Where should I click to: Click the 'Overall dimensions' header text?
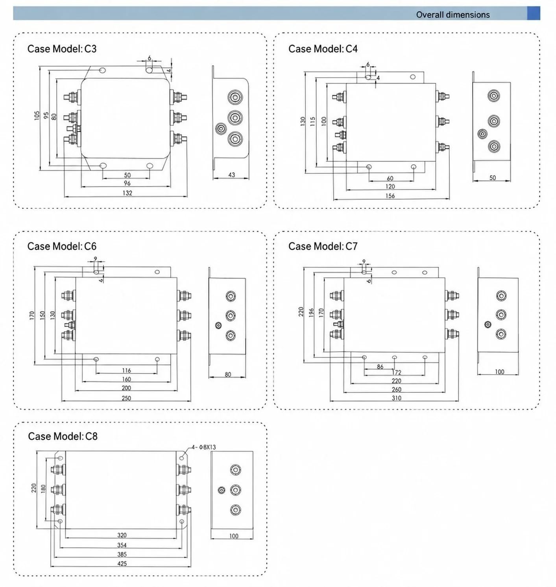[x=453, y=15]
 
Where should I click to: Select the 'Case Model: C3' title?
[x=62, y=49]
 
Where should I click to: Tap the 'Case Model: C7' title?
[x=323, y=246]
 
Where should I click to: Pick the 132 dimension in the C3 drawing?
[x=127, y=193]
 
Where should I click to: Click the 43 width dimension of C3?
[x=231, y=175]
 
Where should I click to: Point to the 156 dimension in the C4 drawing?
[x=390, y=196]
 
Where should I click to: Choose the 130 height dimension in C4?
[x=303, y=121]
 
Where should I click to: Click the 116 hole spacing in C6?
[x=126, y=370]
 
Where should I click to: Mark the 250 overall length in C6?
[x=126, y=398]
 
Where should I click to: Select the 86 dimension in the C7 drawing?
[x=380, y=367]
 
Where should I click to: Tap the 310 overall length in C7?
[x=396, y=398]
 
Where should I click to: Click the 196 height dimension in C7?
[x=311, y=313]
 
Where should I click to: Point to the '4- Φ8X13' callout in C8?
[x=204, y=447]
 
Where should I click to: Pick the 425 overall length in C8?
[x=122, y=563]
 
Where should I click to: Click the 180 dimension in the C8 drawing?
[x=43, y=489]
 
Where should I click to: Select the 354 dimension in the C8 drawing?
[x=122, y=545]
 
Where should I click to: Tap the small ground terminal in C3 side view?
[x=221, y=129]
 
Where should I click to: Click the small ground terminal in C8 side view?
[x=221, y=490]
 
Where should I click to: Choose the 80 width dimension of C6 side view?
[x=228, y=374]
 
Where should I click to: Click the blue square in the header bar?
[x=534, y=13]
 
